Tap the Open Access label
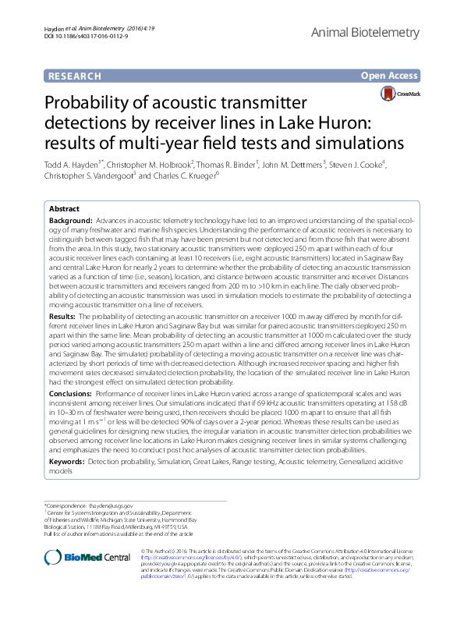[390, 76]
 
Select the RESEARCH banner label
[75, 76]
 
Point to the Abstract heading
[64, 210]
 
